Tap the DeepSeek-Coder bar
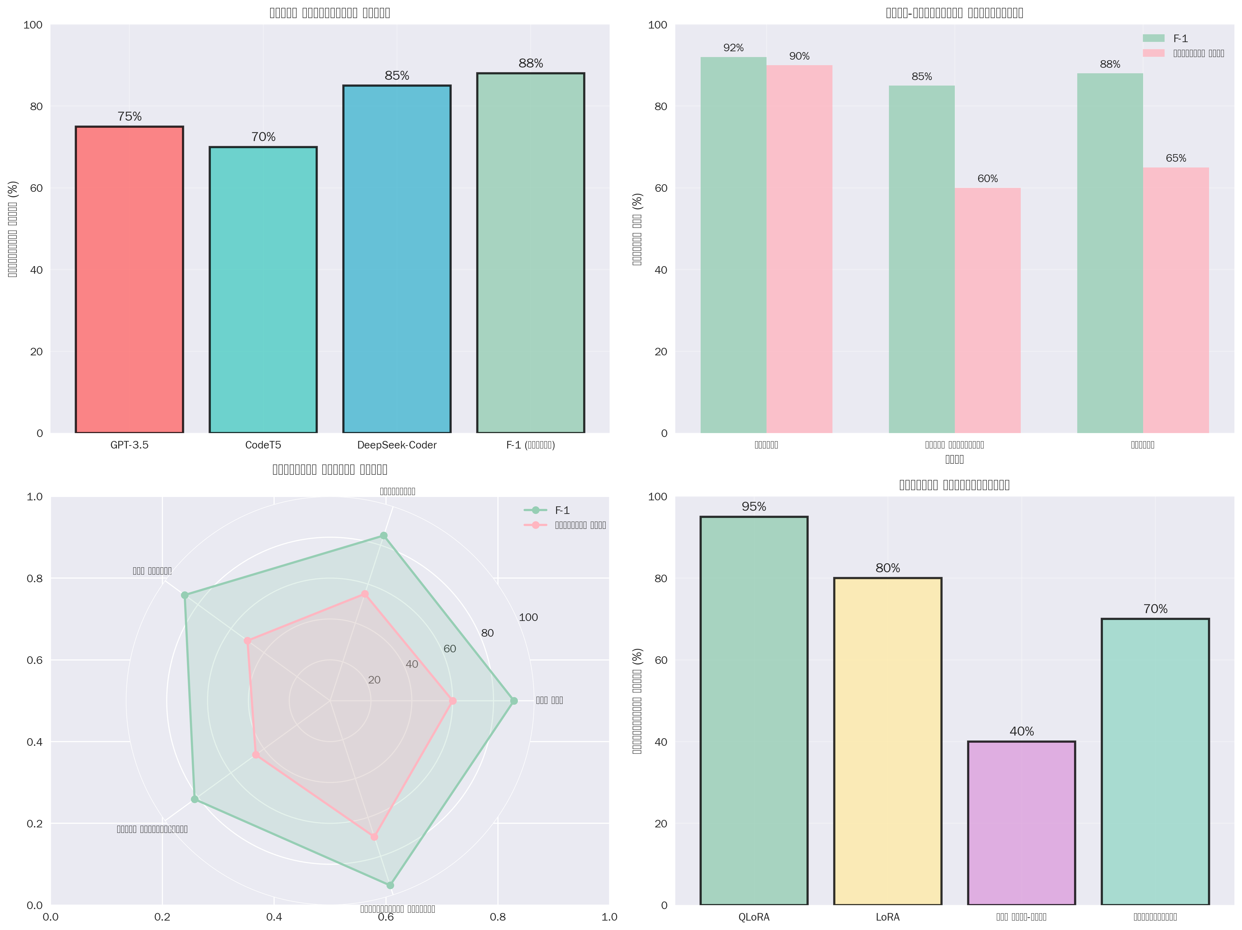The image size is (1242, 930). click(396, 259)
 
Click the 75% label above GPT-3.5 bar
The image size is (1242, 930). click(129, 116)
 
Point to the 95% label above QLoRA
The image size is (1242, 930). click(753, 506)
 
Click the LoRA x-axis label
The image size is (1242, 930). click(887, 917)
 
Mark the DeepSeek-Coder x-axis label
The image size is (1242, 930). click(396, 445)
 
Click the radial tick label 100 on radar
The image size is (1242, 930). click(528, 617)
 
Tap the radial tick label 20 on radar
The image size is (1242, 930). click(374, 680)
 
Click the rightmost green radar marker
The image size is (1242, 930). click(513, 700)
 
